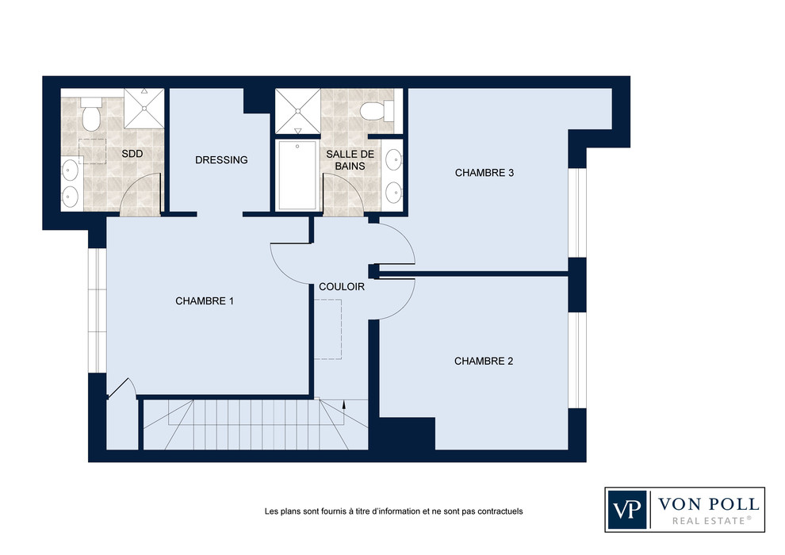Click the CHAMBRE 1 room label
point(205,300)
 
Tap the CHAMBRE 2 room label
point(484,361)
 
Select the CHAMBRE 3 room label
point(484,173)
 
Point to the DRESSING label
point(221,159)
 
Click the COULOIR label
point(342,287)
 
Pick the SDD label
point(132,154)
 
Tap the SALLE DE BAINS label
point(350,160)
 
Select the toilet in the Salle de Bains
point(377,110)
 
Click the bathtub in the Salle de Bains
point(297,175)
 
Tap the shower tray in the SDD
point(144,108)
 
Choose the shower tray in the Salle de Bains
point(298,111)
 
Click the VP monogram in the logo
point(626,510)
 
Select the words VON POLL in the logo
point(708,503)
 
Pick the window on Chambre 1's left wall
point(97,310)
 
